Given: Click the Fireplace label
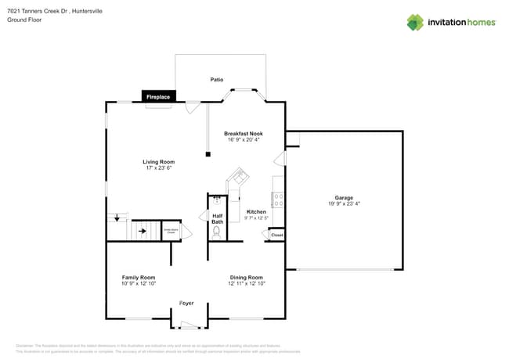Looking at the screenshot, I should (158, 96).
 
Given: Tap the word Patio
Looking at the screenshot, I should (218, 80).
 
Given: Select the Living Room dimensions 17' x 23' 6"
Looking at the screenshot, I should (158, 168).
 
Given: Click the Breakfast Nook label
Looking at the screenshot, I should (244, 134).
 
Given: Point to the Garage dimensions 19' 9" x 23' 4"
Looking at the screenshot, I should (344, 203).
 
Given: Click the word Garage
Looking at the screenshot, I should (344, 197).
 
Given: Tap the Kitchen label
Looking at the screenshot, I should (256, 212).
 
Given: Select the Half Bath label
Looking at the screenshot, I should (217, 219).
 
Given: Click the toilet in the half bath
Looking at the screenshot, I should (217, 232).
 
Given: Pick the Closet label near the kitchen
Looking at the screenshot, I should (276, 234).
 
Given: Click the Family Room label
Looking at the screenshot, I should (138, 277).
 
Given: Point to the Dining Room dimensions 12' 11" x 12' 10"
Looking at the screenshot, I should (246, 283).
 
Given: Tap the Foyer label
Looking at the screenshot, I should (186, 303).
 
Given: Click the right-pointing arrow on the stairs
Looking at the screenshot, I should (143, 231).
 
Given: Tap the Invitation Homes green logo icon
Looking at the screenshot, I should (414, 23).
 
